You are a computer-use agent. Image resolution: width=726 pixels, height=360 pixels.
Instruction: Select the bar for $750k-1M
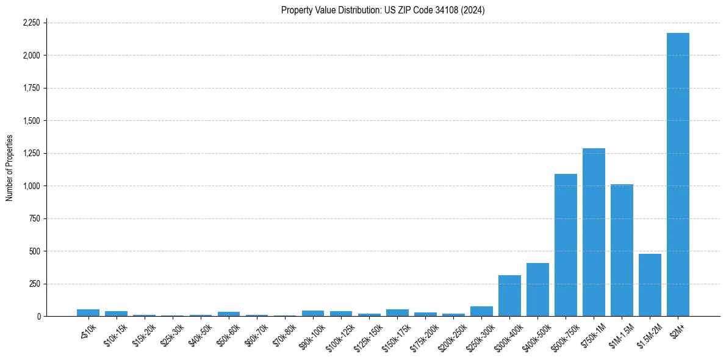594,232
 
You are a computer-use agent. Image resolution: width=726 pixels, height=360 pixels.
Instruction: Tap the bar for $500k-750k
566,245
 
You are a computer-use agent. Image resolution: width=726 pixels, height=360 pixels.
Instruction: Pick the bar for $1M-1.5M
622,250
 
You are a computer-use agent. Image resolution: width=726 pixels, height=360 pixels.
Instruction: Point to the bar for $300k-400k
509,295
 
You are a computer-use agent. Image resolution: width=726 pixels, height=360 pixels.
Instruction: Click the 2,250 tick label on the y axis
31,23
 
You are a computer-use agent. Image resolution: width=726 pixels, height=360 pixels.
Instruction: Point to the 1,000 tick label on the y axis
31,186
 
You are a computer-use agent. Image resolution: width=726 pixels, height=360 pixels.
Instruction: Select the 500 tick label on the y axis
35,251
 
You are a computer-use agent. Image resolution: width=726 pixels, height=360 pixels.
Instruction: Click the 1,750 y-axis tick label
31,88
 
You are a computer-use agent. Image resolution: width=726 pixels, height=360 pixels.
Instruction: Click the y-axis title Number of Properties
10,168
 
